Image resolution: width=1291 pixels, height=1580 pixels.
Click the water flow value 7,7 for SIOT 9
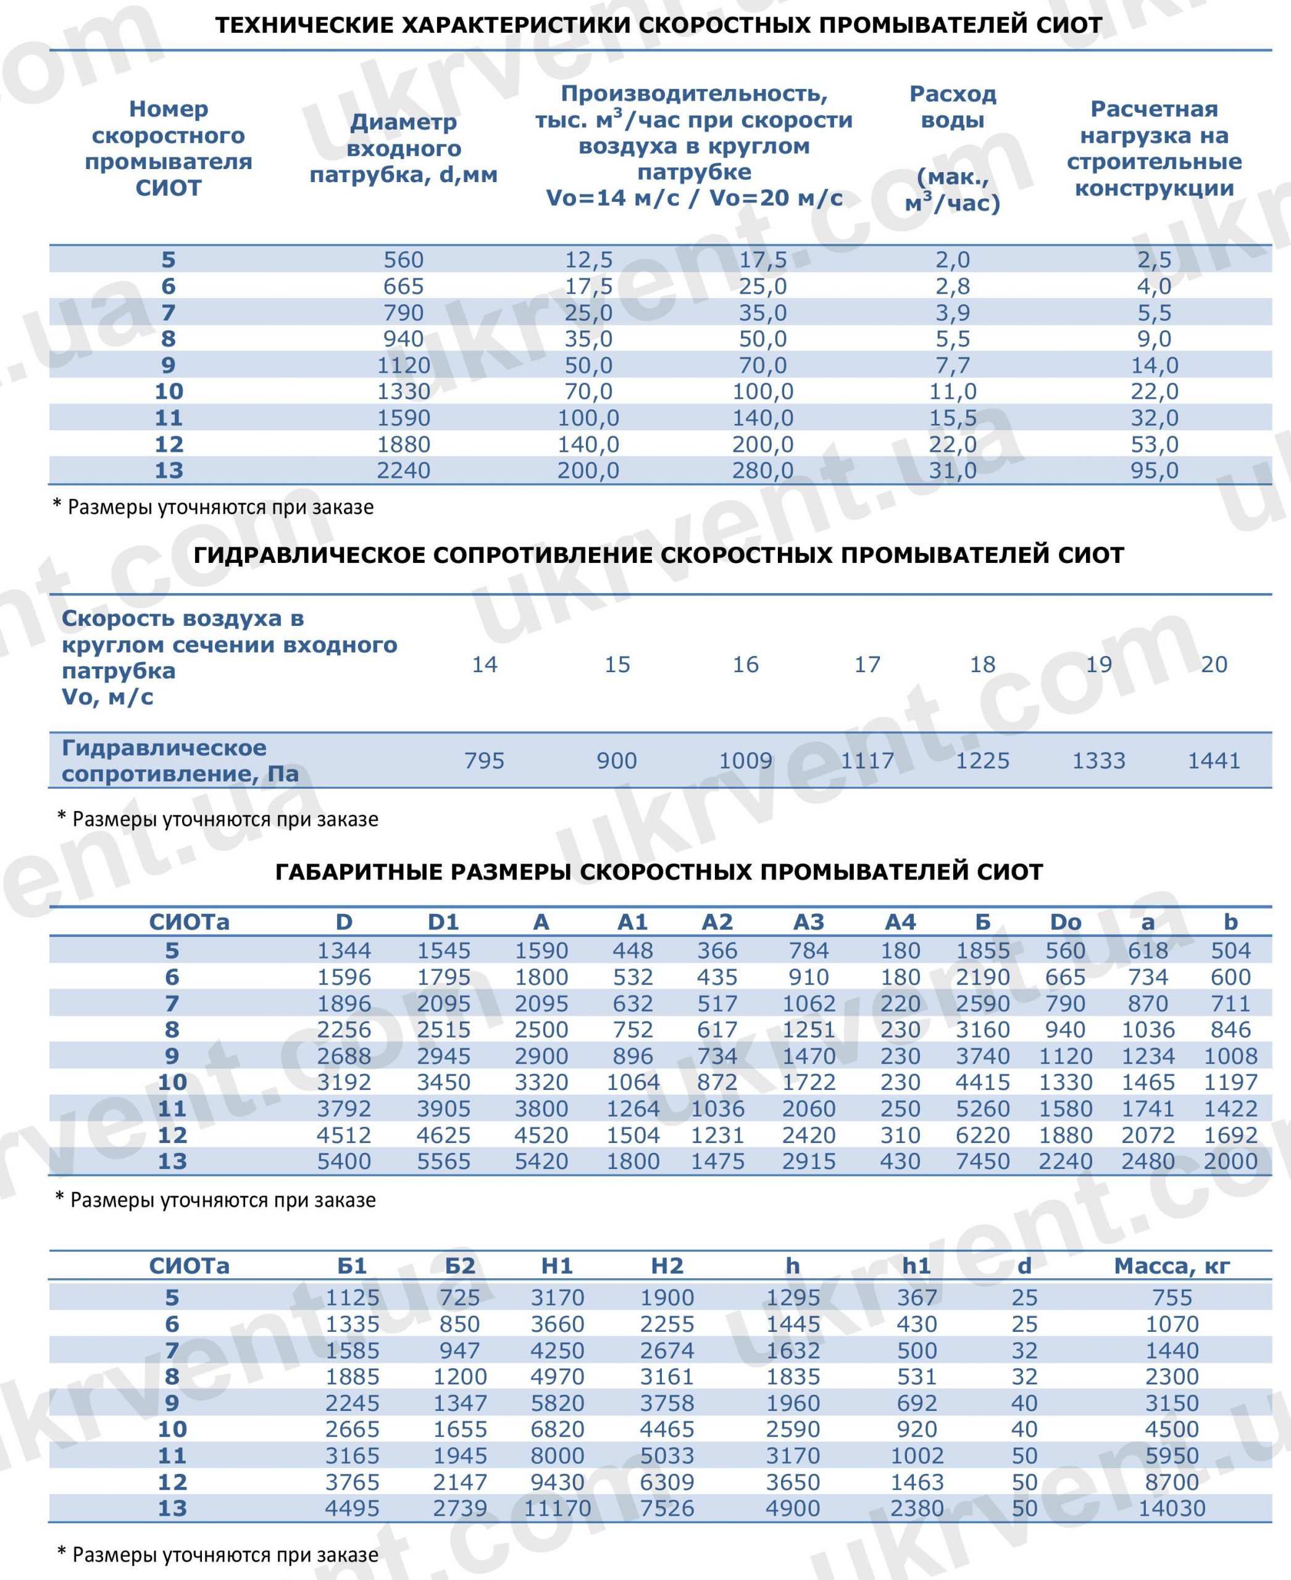(952, 365)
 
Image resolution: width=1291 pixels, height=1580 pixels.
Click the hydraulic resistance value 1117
(867, 760)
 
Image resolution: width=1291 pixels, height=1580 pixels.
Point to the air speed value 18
(982, 664)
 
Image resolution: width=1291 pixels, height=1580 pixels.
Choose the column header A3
(808, 922)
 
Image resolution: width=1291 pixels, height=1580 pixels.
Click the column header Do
(1065, 922)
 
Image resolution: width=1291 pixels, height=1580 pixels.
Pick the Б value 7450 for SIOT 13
(982, 1162)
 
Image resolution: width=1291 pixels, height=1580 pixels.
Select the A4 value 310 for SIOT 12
(900, 1136)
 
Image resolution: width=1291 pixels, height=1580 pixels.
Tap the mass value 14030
(1172, 1508)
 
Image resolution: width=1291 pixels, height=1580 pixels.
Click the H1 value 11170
(557, 1508)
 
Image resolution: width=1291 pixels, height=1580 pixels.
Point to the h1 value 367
(916, 1297)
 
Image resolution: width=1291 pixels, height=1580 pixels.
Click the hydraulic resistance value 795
(484, 760)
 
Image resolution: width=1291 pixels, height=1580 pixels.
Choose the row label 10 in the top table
(169, 391)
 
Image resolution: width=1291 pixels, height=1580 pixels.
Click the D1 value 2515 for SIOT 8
(443, 1030)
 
